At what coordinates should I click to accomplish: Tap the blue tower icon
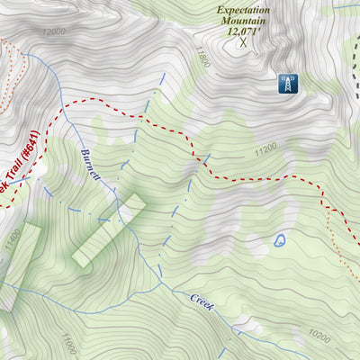coord(287,84)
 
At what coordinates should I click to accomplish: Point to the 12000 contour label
coord(54,31)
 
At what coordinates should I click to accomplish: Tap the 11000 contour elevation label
coord(69,344)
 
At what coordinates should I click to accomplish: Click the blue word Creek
coord(202,301)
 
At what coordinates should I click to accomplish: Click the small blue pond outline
coord(280,240)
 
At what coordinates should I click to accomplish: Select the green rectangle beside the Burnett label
coord(109,229)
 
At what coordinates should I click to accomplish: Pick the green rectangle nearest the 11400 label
coord(20,265)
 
